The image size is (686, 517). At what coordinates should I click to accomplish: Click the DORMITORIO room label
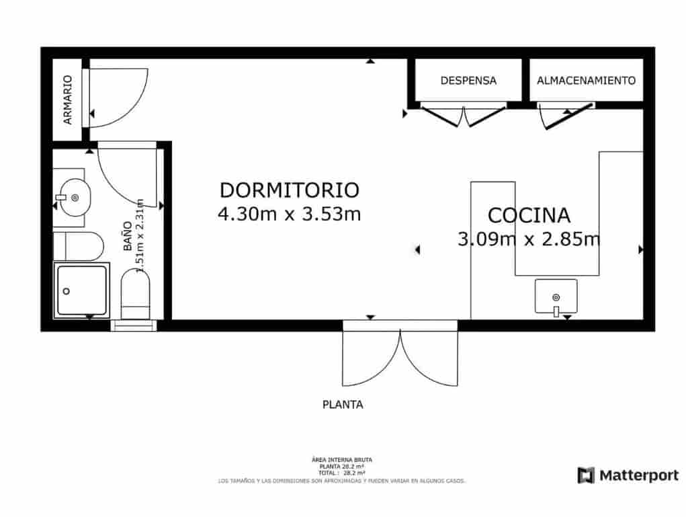(290, 190)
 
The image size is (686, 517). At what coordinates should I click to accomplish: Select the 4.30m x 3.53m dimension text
(290, 214)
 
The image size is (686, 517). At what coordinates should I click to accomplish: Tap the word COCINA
(529, 215)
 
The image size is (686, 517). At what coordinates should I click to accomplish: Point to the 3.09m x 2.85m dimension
(529, 239)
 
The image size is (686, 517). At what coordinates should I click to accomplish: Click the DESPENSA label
(468, 81)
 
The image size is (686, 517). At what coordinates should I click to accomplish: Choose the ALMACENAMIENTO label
(586, 81)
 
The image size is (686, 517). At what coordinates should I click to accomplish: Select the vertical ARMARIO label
(67, 100)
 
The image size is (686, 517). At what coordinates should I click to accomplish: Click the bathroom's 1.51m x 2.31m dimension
(140, 235)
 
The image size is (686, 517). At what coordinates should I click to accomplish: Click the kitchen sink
(556, 296)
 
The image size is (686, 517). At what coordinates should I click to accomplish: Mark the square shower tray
(81, 290)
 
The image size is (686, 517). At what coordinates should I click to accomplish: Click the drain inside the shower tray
(67, 291)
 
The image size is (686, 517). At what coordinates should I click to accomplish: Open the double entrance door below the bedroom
(400, 356)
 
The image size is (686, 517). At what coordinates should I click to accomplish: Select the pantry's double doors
(464, 114)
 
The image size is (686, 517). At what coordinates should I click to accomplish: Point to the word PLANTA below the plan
(343, 405)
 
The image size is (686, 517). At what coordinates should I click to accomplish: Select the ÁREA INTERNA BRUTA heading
(342, 460)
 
